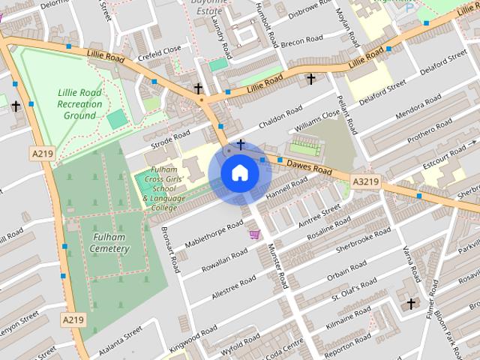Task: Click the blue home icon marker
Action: click(239, 173)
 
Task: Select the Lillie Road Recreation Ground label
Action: click(79, 104)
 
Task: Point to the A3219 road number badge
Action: click(365, 181)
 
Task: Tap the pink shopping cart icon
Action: click(255, 234)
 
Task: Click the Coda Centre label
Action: click(284, 346)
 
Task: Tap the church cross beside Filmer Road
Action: click(410, 303)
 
